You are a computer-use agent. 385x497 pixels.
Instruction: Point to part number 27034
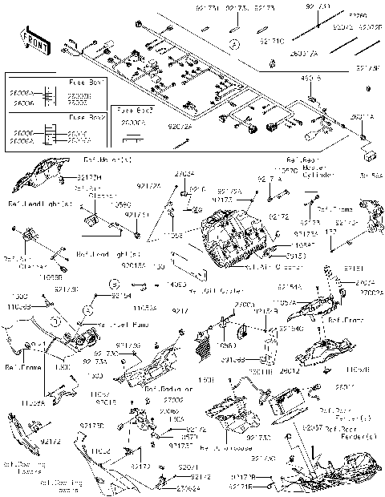coord(184,172)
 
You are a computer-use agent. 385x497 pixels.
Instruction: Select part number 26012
coord(290,370)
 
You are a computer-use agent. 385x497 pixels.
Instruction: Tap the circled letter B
coord(115,283)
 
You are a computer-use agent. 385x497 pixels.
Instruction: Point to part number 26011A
coord(361,118)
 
